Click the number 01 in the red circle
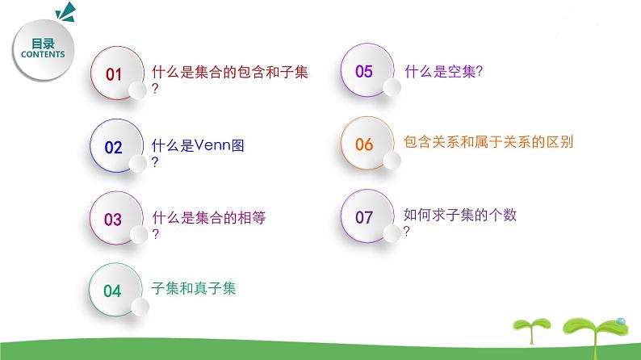pyautogui.click(x=114, y=75)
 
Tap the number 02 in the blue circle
pyautogui.click(x=114, y=148)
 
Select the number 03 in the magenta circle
pyautogui.click(x=113, y=220)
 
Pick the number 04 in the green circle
pyautogui.click(x=113, y=291)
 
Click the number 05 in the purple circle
pyautogui.click(x=364, y=72)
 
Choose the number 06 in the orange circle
pyautogui.click(x=364, y=144)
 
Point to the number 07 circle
pyautogui.click(x=364, y=217)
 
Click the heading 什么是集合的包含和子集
pyautogui.click(x=230, y=73)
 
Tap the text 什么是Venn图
pyautogui.click(x=198, y=146)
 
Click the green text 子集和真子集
pyautogui.click(x=193, y=288)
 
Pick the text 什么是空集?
pyautogui.click(x=442, y=72)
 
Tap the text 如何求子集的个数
pyautogui.click(x=459, y=216)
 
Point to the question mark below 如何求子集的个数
pyautogui.click(x=407, y=231)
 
